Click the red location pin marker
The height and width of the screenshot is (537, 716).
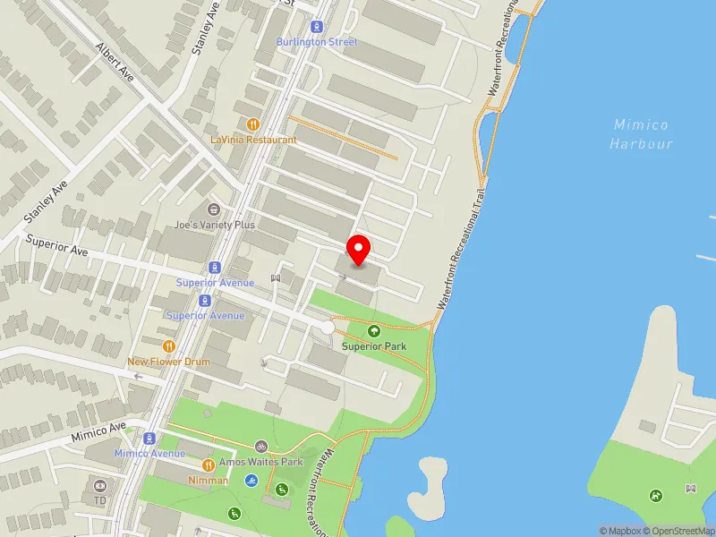coord(359,250)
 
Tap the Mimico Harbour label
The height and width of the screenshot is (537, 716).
coord(641,134)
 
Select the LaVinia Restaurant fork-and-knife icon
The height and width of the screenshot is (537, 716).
coord(253,125)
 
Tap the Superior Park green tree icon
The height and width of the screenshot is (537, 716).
coord(374,331)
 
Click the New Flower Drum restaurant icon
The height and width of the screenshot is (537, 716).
coord(168,346)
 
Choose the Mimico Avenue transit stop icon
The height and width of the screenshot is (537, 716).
coord(149,439)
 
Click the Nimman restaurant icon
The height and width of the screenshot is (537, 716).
coord(208,465)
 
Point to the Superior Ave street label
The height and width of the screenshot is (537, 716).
coord(57,245)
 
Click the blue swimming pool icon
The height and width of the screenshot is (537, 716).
coord(251,481)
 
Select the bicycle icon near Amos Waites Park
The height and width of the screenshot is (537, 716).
coord(260,445)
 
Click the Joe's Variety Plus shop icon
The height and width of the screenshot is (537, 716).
coord(215,209)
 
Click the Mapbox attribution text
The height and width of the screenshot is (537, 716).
coord(619,531)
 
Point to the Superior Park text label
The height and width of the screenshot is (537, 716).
coord(376,346)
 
